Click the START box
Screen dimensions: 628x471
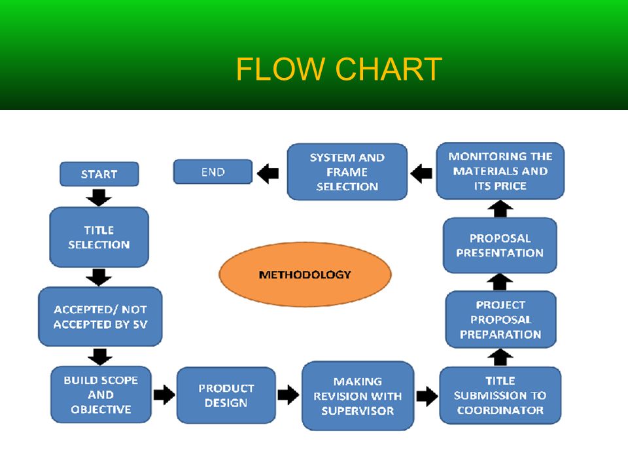coord(99,174)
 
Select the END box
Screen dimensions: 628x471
coord(213,172)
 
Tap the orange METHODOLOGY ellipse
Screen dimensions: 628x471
coord(305,274)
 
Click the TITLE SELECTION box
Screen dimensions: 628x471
coord(99,237)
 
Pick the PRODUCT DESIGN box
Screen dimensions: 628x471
coord(226,395)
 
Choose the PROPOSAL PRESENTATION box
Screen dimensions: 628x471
coord(500,245)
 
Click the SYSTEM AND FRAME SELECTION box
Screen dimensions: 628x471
coord(347,172)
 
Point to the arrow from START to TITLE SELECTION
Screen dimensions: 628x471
coord(99,198)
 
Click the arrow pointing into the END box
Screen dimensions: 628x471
coord(268,173)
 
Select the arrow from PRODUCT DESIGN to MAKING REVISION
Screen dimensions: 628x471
coord(288,395)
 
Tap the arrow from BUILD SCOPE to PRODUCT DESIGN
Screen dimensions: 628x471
coord(164,395)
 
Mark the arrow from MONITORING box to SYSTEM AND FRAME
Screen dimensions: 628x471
coord(421,173)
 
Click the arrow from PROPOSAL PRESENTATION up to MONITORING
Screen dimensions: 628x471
coord(500,209)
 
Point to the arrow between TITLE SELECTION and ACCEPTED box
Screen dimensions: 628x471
coord(99,277)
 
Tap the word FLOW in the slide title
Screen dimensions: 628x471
coord(280,69)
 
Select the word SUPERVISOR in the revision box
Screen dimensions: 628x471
coord(358,411)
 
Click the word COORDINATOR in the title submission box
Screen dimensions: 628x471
coord(500,410)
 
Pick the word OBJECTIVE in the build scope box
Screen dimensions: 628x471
coord(101,410)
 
